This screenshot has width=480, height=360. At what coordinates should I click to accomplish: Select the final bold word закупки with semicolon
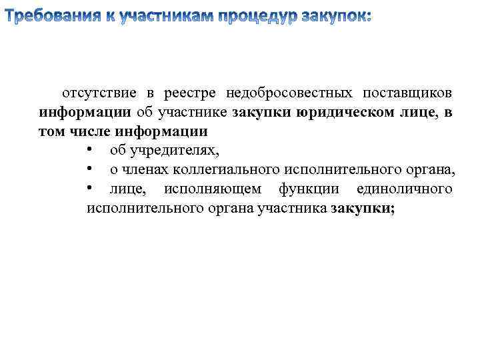363,209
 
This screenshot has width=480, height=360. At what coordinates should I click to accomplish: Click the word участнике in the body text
192,112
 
